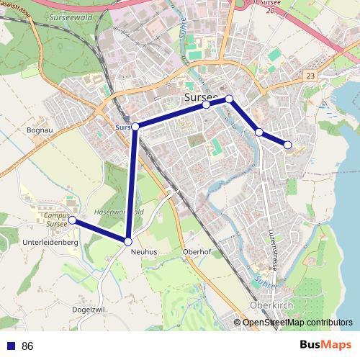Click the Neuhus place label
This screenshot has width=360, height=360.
click(x=143, y=252)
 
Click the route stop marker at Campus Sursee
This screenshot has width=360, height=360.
click(x=73, y=220)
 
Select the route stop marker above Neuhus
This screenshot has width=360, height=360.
click(x=128, y=241)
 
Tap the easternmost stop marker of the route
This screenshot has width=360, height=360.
click(x=288, y=145)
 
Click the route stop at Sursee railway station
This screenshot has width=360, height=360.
click(x=135, y=127)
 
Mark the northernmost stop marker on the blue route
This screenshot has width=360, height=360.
click(x=229, y=99)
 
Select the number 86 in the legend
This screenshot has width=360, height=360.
click(x=27, y=346)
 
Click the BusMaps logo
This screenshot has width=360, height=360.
click(x=325, y=345)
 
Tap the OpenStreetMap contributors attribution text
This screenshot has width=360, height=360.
click(x=297, y=323)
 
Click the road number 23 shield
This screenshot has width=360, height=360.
click(x=310, y=75)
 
